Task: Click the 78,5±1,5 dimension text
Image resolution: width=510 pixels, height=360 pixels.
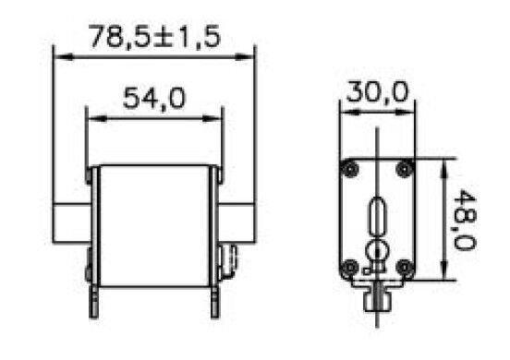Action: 155,37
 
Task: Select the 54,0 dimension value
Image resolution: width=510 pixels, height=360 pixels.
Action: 154,98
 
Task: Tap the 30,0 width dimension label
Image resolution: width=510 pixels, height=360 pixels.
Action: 377,92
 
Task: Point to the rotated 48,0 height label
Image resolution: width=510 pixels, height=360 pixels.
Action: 465,220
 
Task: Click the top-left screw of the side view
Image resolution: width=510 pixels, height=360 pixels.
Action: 350,169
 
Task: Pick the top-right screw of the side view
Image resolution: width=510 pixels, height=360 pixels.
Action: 405,169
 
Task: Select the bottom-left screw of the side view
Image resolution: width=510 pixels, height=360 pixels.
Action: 350,268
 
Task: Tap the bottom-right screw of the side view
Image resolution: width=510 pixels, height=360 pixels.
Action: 405,268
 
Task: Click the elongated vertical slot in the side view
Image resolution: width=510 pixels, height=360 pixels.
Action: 377,216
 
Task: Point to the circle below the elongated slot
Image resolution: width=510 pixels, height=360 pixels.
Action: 377,249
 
